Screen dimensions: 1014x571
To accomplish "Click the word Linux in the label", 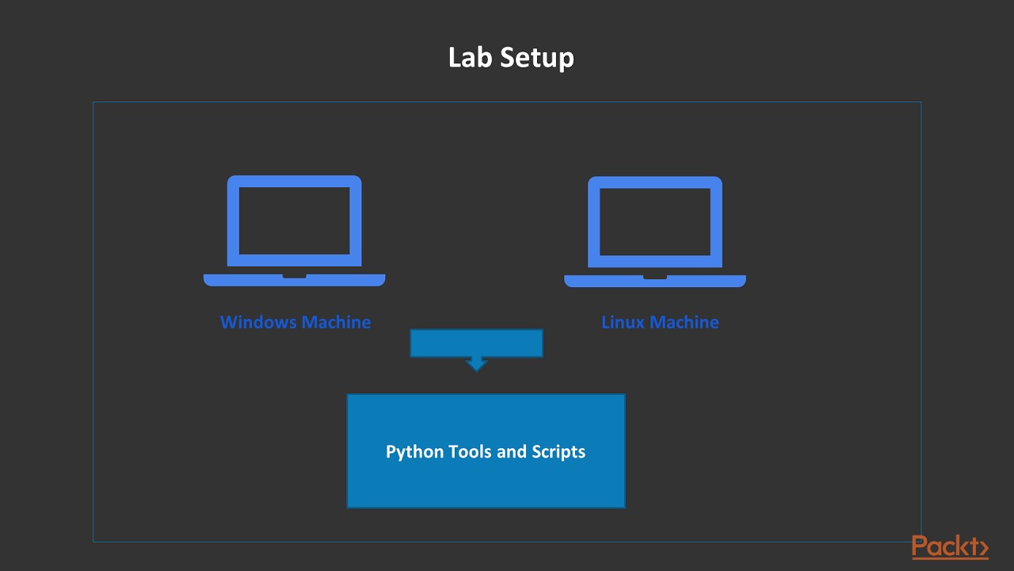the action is [x=623, y=322].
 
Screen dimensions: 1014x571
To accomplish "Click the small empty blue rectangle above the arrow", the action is [x=476, y=343].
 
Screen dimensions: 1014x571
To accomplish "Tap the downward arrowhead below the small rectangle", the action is [x=476, y=365].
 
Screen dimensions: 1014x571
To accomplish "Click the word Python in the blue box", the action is [x=414, y=452].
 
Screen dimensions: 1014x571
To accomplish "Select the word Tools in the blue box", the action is [x=471, y=451].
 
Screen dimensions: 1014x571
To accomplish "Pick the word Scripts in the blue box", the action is [x=558, y=452].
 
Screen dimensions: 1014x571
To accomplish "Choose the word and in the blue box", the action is [x=512, y=451].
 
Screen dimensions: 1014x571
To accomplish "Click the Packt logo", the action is [x=949, y=548].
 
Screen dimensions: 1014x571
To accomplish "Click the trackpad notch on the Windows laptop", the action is [x=294, y=276].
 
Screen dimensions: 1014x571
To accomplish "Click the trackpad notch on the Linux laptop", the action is [x=654, y=277].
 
